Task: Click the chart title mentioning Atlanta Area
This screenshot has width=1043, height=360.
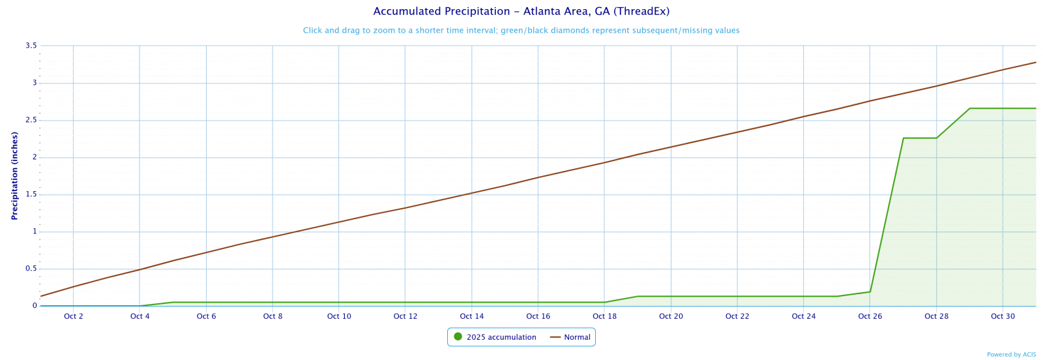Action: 521,12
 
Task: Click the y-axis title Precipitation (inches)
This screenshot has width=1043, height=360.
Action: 14,175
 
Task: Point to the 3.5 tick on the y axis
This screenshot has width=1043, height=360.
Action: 31,46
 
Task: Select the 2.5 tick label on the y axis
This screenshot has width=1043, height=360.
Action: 31,120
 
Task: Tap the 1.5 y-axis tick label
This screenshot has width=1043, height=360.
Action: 31,194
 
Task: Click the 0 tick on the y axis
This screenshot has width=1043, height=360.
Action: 35,306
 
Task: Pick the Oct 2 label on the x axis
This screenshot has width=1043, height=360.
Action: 74,317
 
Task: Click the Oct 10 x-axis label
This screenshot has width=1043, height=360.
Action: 339,317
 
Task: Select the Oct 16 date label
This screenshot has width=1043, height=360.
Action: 538,317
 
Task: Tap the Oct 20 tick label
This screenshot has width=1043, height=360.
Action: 671,317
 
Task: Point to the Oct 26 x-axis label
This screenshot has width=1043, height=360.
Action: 870,317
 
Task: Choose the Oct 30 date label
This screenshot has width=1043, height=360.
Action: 1003,317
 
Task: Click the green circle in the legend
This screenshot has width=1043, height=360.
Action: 458,337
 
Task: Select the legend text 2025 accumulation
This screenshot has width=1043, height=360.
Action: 501,337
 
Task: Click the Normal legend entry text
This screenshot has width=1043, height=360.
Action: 577,337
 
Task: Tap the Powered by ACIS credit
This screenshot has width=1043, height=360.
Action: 1011,355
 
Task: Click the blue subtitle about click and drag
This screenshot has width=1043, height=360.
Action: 521,31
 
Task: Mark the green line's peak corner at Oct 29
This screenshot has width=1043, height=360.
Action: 969,108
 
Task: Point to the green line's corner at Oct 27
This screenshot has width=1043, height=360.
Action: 903,138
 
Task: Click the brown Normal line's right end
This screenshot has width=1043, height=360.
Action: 1035,63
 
